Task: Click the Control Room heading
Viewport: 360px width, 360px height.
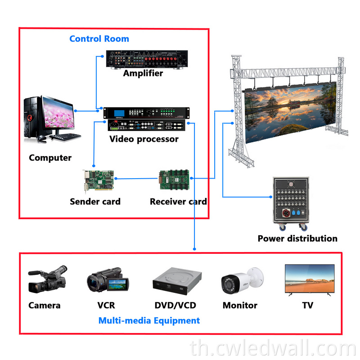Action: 99,39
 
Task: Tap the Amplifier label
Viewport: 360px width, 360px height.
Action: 143,73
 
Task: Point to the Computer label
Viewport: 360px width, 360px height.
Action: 50,158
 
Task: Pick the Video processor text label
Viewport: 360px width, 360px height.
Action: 144,139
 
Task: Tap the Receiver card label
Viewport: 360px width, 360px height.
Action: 178,202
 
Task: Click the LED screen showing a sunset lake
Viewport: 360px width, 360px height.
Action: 290,110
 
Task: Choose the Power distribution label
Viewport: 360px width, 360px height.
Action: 297,238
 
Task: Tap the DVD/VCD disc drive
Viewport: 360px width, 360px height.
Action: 175,281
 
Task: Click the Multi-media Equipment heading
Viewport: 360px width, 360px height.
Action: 149,321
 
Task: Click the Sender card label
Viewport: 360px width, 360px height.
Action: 95,202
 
